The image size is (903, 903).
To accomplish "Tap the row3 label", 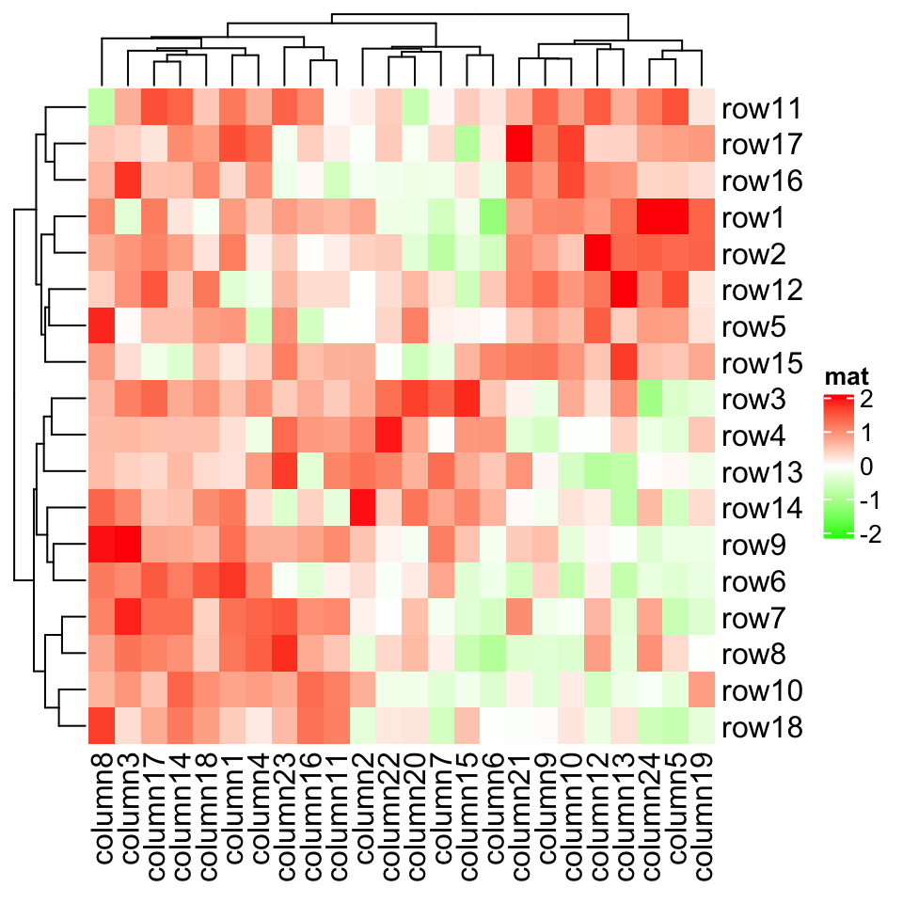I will point(754,399).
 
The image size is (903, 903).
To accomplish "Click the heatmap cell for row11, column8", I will point(102,107).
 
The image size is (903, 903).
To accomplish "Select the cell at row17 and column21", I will point(518,144).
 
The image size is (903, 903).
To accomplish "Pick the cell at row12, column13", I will point(623,289).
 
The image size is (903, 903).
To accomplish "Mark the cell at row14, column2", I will point(362,507).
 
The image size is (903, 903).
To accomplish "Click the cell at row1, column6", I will point(492,216).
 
